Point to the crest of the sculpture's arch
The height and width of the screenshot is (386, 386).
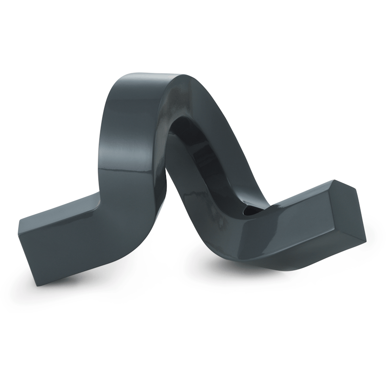point(145,77)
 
